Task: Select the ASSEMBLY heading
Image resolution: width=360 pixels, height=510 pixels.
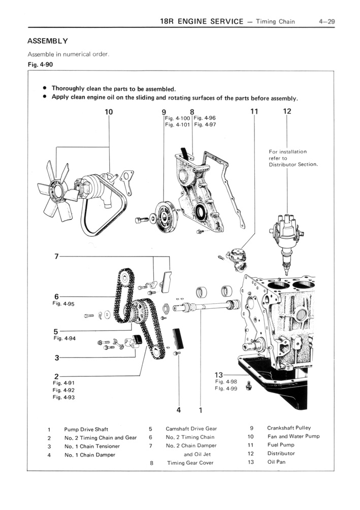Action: click(x=48, y=41)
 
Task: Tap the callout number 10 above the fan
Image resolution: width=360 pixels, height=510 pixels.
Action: click(x=109, y=111)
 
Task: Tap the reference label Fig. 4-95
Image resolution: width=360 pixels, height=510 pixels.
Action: click(x=63, y=304)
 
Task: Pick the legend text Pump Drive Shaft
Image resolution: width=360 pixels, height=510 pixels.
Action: click(x=86, y=429)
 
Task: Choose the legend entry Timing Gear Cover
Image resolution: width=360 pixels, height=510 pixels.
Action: click(x=190, y=463)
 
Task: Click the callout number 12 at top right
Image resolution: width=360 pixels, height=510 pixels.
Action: click(x=287, y=111)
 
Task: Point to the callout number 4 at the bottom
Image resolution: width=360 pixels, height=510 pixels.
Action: click(x=179, y=409)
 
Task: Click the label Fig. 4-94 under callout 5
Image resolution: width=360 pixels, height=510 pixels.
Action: click(x=64, y=338)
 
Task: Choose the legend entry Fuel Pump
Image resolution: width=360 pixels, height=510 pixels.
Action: click(x=280, y=445)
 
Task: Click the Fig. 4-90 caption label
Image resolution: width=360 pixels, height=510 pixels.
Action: click(x=40, y=65)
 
